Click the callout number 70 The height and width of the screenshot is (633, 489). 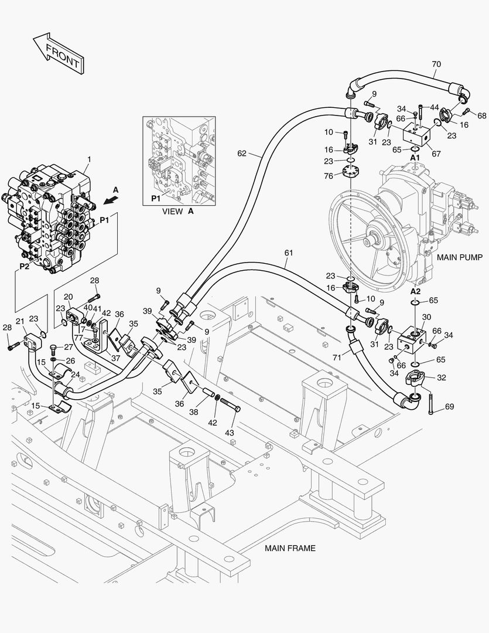[x=436, y=64]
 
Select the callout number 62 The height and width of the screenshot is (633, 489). [x=242, y=154]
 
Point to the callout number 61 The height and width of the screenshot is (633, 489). [x=288, y=253]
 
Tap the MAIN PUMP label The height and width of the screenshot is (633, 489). [x=460, y=257]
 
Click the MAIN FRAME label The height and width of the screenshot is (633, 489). [x=290, y=549]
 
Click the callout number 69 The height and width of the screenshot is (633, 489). [x=450, y=406]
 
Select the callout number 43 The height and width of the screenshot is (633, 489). [x=230, y=432]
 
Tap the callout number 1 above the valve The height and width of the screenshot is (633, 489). [x=89, y=159]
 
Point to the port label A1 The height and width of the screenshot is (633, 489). [x=415, y=158]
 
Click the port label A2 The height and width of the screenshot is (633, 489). [x=415, y=291]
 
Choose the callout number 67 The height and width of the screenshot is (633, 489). [x=436, y=154]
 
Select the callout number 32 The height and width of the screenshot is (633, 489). [x=442, y=377]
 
